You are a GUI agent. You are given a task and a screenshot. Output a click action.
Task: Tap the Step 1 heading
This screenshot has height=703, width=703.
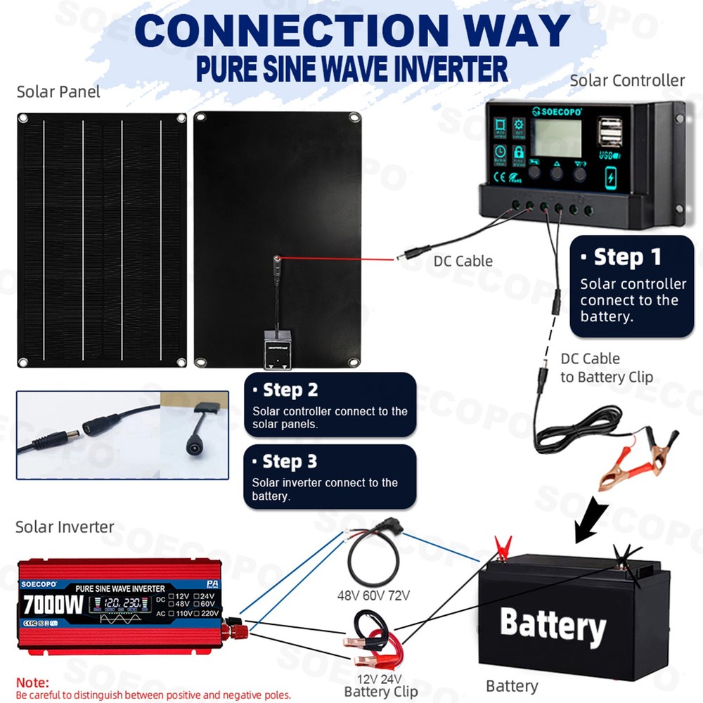pyautogui.click(x=628, y=257)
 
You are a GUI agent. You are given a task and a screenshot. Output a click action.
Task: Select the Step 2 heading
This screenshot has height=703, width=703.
pyautogui.click(x=290, y=390)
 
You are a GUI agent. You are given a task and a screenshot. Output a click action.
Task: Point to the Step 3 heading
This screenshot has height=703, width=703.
pyautogui.click(x=290, y=462)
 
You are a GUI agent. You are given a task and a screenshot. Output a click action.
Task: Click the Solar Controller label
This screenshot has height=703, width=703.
pyautogui.click(x=626, y=81)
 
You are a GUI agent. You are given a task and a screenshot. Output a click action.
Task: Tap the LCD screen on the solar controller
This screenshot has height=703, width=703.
pyautogui.click(x=555, y=138)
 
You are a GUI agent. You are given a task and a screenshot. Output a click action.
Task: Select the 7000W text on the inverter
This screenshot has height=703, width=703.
pyautogui.click(x=53, y=604)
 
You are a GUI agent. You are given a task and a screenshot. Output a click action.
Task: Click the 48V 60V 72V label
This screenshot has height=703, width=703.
pyautogui.click(x=373, y=595)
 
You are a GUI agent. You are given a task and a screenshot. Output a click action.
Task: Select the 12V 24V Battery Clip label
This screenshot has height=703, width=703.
pyautogui.click(x=380, y=685)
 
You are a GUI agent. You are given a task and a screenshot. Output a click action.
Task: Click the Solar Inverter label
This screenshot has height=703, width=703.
pyautogui.click(x=65, y=527)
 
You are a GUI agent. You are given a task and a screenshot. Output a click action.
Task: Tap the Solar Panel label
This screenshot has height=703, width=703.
pyautogui.click(x=58, y=92)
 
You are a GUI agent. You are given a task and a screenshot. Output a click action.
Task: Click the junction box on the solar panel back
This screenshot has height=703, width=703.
pyautogui.click(x=278, y=348)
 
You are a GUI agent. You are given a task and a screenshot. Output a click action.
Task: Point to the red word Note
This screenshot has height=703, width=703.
pyautogui.click(x=32, y=683)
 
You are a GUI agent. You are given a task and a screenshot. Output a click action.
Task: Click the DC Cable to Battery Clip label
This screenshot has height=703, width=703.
pyautogui.click(x=606, y=368)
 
